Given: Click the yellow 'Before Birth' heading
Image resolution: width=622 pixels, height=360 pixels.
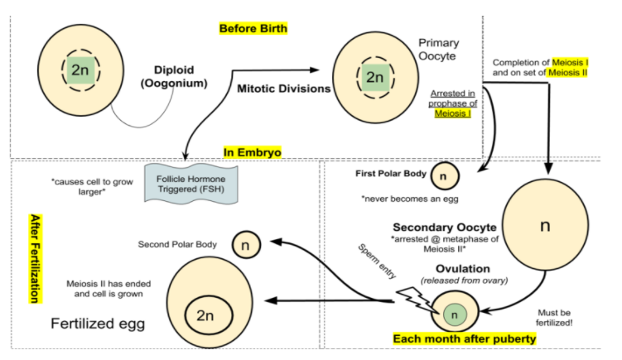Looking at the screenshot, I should click(253, 29).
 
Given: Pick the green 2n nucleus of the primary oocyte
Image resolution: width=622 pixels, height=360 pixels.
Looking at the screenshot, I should click(375, 77).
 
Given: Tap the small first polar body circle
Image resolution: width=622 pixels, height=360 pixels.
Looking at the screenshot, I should click(442, 175).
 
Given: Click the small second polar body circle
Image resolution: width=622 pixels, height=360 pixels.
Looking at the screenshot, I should click(245, 244).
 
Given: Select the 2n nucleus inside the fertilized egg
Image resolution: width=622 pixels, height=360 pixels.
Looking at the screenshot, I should click(205, 315).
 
